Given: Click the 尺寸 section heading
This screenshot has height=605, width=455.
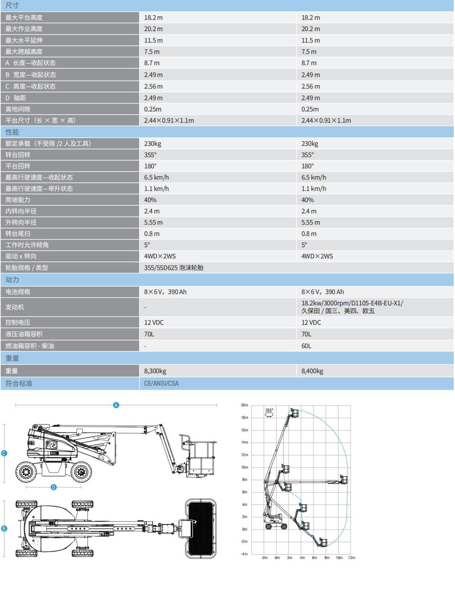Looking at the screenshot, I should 12,5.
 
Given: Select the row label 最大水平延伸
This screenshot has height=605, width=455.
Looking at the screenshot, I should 24,40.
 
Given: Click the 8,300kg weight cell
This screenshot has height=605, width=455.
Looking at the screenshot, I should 155,371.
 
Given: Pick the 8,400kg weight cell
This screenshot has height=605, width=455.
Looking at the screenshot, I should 312,371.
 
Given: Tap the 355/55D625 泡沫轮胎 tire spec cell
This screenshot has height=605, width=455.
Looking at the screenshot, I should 174,268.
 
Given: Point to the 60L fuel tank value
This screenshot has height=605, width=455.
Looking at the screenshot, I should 306,346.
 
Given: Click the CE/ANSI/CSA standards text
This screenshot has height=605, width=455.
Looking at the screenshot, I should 162,383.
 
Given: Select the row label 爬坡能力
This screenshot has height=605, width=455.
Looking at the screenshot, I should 18,200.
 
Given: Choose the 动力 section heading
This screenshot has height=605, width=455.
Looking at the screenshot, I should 12,280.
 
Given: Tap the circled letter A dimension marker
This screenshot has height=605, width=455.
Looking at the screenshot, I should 116,405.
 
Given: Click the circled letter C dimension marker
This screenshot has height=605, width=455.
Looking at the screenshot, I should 4,453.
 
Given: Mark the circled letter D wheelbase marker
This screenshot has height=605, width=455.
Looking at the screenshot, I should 54,487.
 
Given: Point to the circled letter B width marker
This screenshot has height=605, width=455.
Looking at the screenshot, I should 4,529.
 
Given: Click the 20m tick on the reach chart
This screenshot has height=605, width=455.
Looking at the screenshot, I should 244,405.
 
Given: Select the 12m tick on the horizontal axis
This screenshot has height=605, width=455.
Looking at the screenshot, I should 351,558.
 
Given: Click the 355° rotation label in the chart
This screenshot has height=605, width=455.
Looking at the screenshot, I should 269,411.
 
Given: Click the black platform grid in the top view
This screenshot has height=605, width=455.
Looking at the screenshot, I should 201,528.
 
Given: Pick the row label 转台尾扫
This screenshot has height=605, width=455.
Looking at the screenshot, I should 18,234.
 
